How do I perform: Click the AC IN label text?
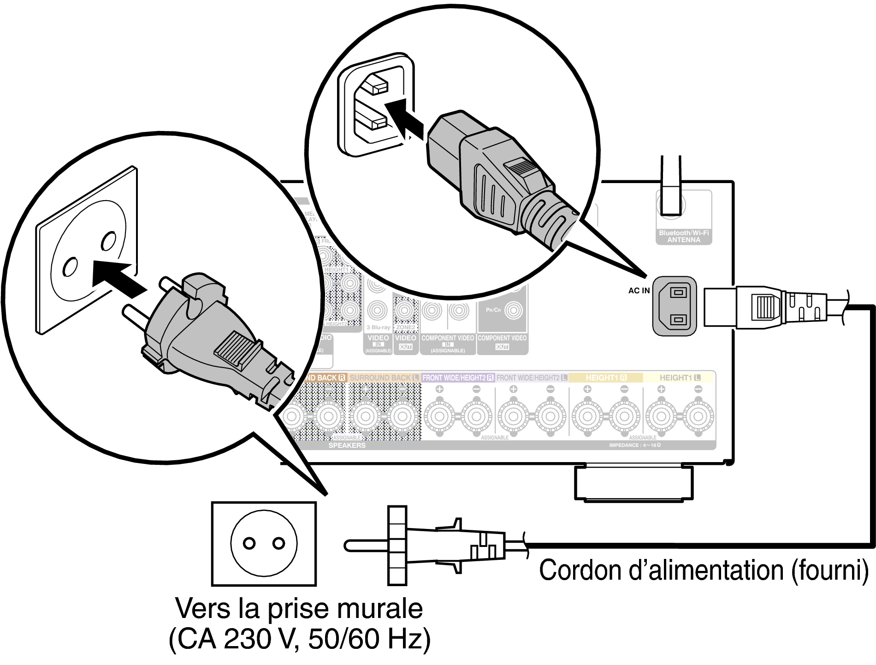[x=639, y=291]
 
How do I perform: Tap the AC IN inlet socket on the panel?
[x=675, y=306]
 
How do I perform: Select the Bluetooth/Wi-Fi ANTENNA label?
[x=684, y=236]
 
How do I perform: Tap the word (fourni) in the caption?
[x=830, y=570]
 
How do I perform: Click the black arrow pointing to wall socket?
[x=118, y=278]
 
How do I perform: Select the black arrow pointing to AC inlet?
[x=403, y=119]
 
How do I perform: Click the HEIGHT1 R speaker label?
[x=606, y=378]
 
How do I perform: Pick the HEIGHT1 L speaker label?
[x=680, y=378]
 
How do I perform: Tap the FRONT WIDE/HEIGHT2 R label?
[x=458, y=378]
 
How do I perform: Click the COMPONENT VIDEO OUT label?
[x=502, y=342]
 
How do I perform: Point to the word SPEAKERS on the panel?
[x=347, y=445]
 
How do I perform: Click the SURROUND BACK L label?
[x=384, y=378]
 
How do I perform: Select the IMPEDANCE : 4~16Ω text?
[x=635, y=445]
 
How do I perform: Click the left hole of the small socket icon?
[x=249, y=543]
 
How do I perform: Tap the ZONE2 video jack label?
[x=406, y=327]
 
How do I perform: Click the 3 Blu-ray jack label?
[x=378, y=327]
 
